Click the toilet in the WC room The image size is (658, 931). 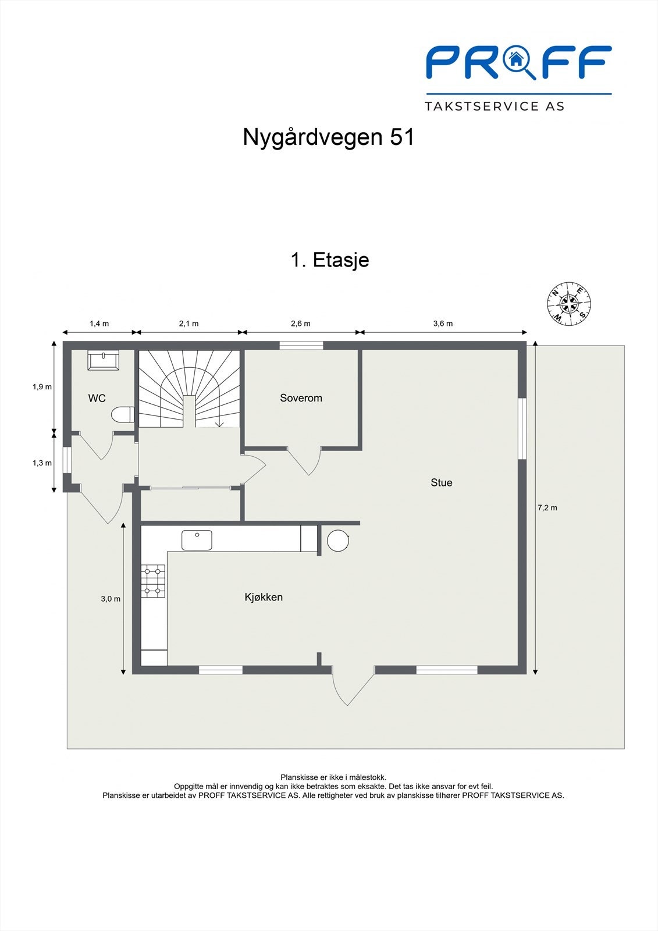point(123,415)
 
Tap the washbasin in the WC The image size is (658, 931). point(104,360)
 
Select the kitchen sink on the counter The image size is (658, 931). point(197,540)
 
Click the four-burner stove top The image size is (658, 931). point(154,581)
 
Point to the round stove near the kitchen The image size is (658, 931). point(338,541)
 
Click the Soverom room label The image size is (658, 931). point(301,398)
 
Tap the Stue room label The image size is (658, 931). point(441,482)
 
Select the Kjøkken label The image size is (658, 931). point(264,597)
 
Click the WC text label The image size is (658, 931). point(97,399)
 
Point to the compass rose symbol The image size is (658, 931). point(569,303)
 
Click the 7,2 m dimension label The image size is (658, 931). point(547,507)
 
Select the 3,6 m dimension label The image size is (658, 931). point(443,324)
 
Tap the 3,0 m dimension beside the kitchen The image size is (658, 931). point(111,598)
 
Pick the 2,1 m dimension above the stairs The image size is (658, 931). point(188,324)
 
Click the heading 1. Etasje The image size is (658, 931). point(329,260)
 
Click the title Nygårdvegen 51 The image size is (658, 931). point(329,137)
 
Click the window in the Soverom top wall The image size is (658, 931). point(301,346)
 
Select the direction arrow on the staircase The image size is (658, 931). point(219,424)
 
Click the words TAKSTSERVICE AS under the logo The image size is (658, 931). point(495,106)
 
